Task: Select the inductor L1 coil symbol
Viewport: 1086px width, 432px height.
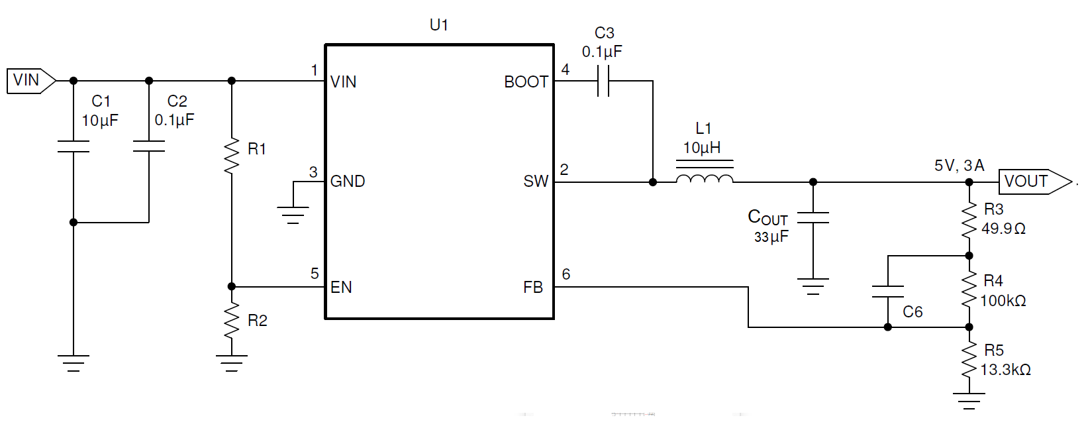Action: coord(704,178)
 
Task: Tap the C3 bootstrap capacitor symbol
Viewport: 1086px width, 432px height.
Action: coord(603,81)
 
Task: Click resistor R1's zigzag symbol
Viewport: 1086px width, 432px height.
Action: coord(231,156)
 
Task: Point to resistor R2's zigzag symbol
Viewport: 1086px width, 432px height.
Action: coord(231,321)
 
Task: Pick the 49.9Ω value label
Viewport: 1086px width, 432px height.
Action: coord(1003,229)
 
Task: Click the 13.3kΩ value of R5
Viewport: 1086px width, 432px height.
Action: coord(1005,370)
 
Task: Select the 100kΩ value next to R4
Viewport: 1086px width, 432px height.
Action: coord(1003,301)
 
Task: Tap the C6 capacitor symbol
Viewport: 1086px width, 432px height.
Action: coord(887,292)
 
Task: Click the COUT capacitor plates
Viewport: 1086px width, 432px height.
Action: coord(813,218)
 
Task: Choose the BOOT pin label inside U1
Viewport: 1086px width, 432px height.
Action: coord(526,82)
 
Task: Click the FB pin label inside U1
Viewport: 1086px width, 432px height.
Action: coord(532,288)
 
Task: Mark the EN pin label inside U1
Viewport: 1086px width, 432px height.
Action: coord(341,288)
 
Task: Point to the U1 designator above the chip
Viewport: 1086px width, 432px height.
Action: coord(438,25)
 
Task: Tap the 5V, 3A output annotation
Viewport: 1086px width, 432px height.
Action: coord(958,166)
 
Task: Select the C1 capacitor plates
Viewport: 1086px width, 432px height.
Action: coord(73,146)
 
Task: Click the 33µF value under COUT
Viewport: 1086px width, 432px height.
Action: coord(771,237)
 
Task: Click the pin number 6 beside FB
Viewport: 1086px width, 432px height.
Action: coord(566,274)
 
